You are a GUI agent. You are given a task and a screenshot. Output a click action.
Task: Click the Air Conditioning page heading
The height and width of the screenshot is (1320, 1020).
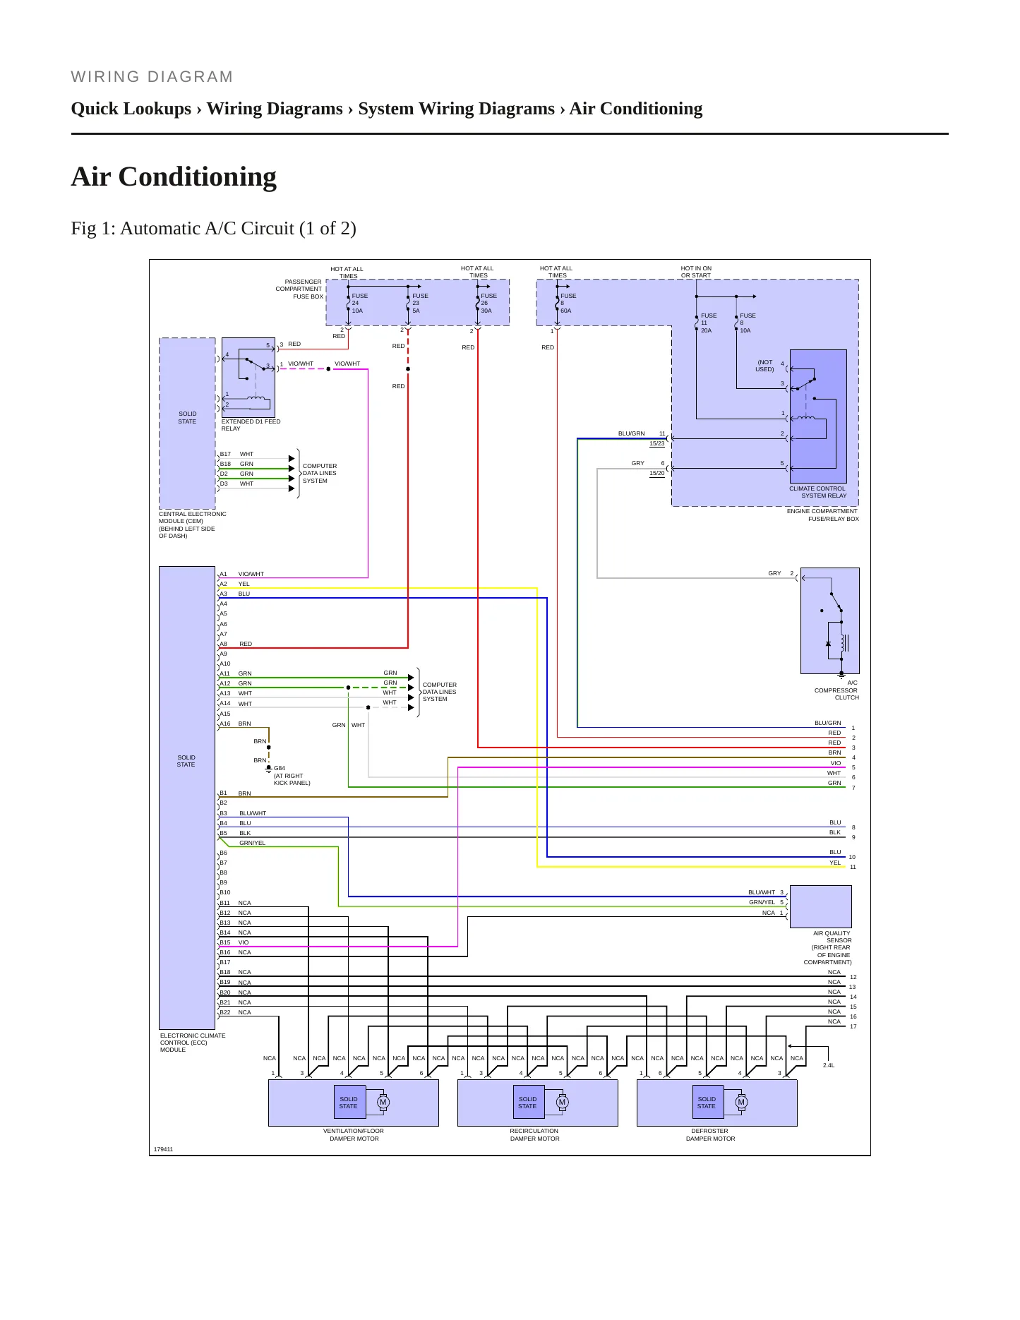[x=174, y=176]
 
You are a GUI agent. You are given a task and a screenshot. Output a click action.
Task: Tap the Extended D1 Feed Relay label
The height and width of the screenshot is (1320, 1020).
[x=251, y=425]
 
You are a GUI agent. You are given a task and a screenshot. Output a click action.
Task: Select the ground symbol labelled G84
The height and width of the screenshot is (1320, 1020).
[x=268, y=768]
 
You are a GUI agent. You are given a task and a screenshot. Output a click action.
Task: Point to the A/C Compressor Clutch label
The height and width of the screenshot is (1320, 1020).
[x=836, y=690]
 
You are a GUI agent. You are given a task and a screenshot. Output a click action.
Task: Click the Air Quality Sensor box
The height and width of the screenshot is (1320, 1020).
[x=820, y=906]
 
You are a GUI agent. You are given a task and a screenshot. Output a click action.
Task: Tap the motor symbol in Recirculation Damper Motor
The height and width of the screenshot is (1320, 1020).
[x=562, y=1102]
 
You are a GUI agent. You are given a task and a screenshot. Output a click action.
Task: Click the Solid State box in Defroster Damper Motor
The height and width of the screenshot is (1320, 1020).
[x=707, y=1102]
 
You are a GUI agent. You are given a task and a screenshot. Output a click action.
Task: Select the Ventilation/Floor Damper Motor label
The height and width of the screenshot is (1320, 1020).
[x=354, y=1134]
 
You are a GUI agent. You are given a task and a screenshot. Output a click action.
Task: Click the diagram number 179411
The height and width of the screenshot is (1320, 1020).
[x=163, y=1149]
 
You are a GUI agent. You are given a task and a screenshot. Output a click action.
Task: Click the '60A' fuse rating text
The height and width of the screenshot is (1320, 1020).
[x=566, y=311]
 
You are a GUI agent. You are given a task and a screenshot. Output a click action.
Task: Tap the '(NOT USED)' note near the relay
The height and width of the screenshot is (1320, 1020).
[x=764, y=366]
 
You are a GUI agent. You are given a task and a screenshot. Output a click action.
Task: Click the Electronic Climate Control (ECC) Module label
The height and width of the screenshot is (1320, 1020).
[x=193, y=1043]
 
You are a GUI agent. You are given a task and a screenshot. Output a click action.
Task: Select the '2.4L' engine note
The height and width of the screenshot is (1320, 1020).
[x=829, y=1065]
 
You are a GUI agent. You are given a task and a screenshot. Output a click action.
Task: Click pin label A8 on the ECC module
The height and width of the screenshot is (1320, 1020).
[x=223, y=644]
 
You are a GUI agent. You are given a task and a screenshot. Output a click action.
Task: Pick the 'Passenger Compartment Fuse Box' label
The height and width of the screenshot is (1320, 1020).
[x=299, y=289]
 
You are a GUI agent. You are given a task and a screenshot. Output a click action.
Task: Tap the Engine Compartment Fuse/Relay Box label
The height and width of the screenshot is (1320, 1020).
[x=823, y=515]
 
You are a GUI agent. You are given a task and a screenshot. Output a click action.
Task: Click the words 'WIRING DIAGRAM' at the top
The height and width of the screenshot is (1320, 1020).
[x=152, y=77]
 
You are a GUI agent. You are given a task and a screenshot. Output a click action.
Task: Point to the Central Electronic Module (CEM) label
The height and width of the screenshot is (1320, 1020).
[x=192, y=525]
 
